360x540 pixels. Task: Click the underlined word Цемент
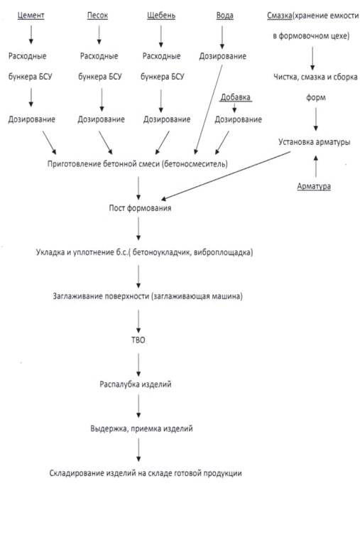(x=31, y=16)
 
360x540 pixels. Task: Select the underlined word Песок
(x=97, y=16)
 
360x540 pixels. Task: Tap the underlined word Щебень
(x=161, y=16)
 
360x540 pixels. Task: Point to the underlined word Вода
(x=225, y=16)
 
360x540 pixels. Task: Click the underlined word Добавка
(x=236, y=97)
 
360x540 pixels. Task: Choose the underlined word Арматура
(x=314, y=186)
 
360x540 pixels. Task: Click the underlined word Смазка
(x=280, y=16)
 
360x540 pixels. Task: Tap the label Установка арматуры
(x=315, y=142)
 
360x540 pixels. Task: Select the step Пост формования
(x=140, y=208)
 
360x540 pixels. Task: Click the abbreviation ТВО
(x=138, y=340)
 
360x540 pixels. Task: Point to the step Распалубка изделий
(x=135, y=384)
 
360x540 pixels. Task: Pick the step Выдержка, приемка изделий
(x=141, y=428)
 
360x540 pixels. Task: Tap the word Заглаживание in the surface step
(x=76, y=296)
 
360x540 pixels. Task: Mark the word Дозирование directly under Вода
(x=223, y=56)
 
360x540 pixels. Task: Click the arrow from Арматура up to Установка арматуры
(x=315, y=167)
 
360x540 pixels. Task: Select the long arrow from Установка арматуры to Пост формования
(x=226, y=175)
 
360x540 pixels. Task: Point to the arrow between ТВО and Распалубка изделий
(x=138, y=365)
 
